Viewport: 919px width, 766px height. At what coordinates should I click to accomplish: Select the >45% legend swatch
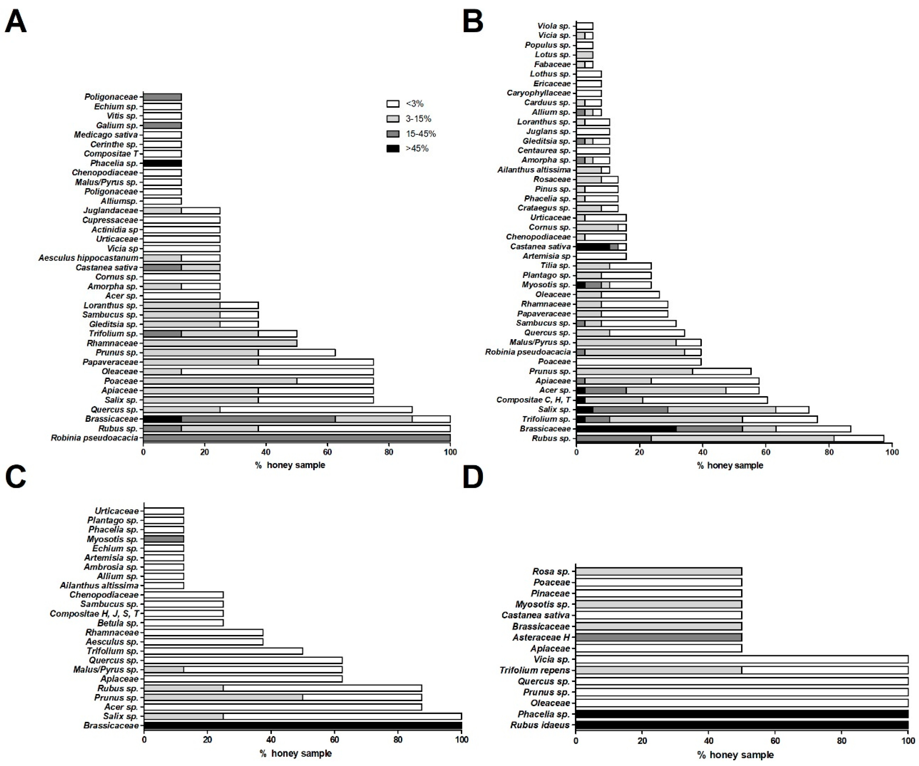click(x=393, y=149)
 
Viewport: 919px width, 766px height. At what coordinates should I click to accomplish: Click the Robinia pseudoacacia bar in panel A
click(x=297, y=438)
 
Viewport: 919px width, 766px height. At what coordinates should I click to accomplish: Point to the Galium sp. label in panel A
click(x=117, y=125)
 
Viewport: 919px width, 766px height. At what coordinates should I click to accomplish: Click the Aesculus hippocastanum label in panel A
click(x=88, y=258)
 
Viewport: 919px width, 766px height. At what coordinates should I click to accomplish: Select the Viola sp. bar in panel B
click(x=585, y=26)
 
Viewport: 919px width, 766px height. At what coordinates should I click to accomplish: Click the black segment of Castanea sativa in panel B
click(x=593, y=247)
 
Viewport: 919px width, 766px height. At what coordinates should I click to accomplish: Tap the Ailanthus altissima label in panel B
click(x=534, y=170)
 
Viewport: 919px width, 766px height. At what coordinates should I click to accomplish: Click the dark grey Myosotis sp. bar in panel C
click(x=164, y=539)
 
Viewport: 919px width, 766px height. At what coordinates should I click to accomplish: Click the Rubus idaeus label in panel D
click(x=540, y=725)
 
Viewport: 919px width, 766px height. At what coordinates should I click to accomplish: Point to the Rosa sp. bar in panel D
click(x=659, y=572)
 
